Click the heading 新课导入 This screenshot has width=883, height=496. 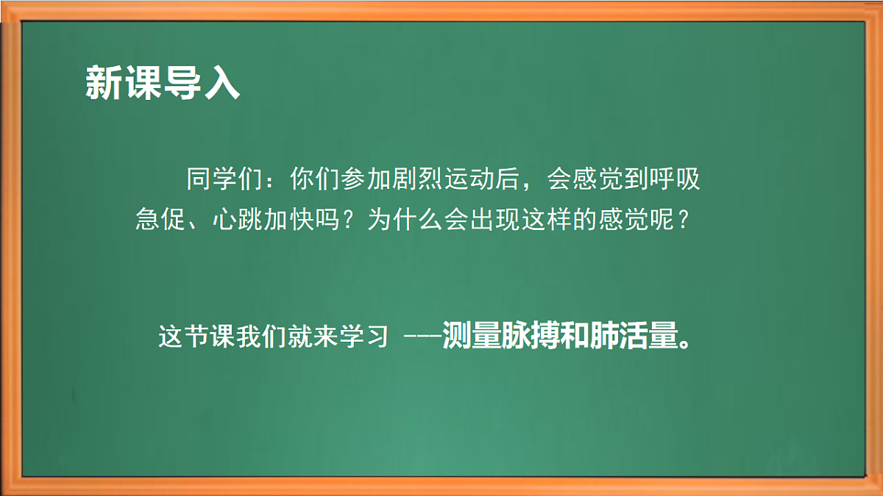pyautogui.click(x=162, y=82)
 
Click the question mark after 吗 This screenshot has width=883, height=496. pyautogui.click(x=351, y=220)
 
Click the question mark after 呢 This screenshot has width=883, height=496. pyautogui.click(x=684, y=220)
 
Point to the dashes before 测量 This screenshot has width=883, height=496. pyautogui.click(x=422, y=338)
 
